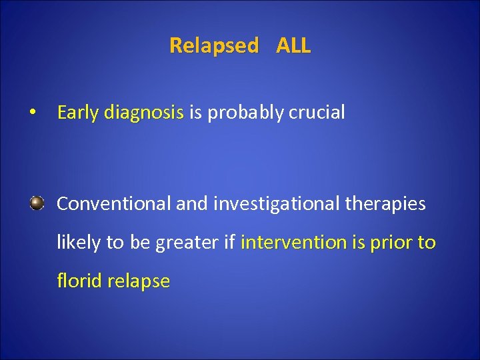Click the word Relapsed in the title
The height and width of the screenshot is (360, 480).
click(213, 46)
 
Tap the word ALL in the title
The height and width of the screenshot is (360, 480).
click(293, 46)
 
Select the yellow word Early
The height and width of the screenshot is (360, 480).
click(78, 113)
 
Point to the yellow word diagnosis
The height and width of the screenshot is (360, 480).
click(144, 113)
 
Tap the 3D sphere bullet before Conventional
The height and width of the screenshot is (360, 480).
click(37, 203)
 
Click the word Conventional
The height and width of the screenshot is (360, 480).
click(114, 204)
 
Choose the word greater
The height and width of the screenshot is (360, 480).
click(187, 243)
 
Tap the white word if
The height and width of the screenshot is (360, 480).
click(229, 243)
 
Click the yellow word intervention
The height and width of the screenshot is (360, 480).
click(294, 243)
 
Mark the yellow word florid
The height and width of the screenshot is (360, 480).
click(77, 281)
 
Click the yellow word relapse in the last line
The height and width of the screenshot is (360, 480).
click(140, 281)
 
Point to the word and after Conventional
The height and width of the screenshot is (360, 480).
click(192, 204)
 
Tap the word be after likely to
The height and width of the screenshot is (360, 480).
click(140, 243)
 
